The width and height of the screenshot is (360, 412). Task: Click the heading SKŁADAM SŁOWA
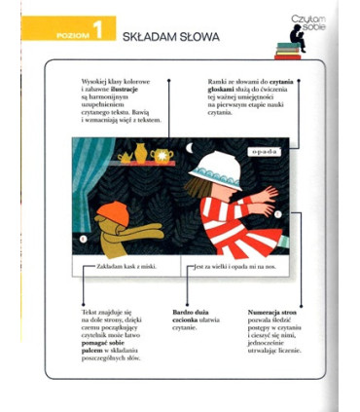click(x=170, y=37)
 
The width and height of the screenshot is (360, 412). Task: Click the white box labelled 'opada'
click(x=263, y=152)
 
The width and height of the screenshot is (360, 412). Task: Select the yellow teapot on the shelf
click(x=138, y=153)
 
